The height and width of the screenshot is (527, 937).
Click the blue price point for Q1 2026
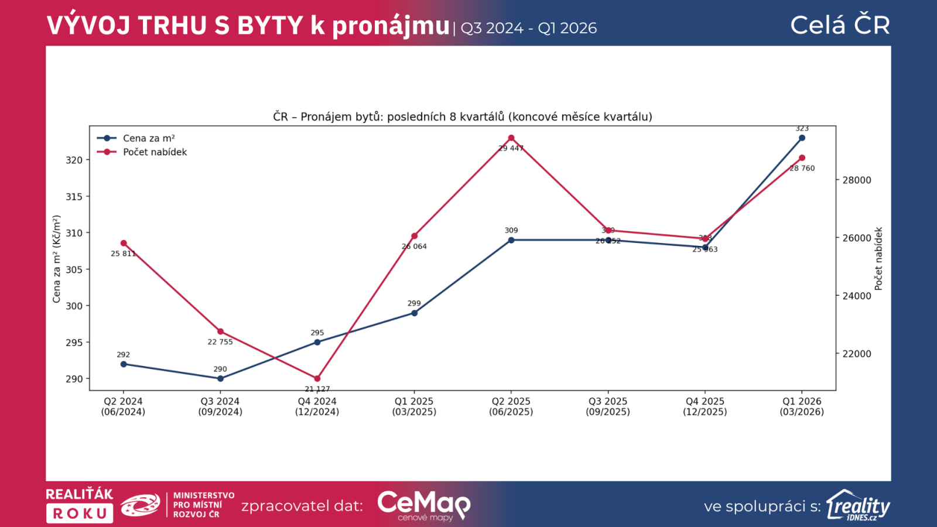click(802, 138)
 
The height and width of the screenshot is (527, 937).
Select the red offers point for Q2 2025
click(511, 138)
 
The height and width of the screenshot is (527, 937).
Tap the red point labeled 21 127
click(317, 379)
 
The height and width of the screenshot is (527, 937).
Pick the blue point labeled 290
click(220, 379)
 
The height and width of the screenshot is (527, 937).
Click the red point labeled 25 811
click(124, 244)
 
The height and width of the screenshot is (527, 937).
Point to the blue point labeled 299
click(414, 313)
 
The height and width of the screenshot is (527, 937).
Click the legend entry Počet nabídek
click(155, 152)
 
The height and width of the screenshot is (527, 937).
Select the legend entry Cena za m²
click(149, 139)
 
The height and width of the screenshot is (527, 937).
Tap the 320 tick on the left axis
click(74, 160)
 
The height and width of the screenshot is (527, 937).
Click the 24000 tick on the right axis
click(857, 296)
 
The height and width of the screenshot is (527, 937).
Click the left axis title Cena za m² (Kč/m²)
click(57, 259)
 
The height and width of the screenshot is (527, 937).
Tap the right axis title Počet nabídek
click(878, 259)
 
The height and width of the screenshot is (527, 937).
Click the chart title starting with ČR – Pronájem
click(462, 117)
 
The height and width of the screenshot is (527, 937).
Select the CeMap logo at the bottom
click(423, 505)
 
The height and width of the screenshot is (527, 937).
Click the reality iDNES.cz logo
click(858, 505)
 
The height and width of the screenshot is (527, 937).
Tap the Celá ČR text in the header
click(840, 25)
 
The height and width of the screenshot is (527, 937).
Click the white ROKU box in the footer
click(80, 514)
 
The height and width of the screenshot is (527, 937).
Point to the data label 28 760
click(802, 169)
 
